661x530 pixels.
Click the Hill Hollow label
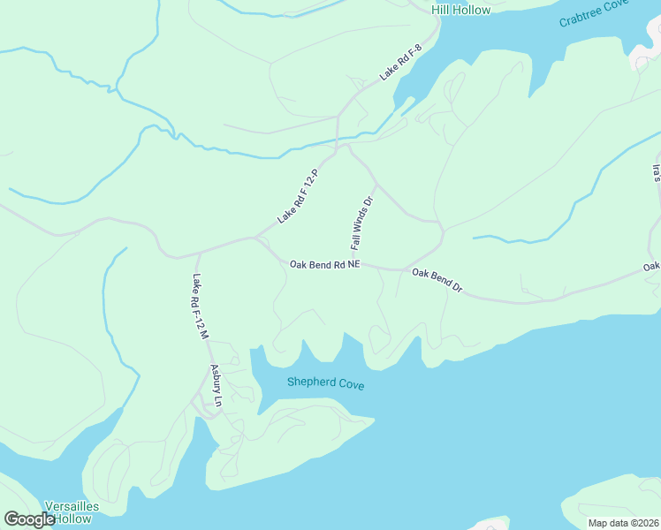click(x=460, y=10)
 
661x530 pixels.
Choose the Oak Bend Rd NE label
click(x=325, y=264)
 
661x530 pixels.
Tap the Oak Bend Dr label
click(x=437, y=282)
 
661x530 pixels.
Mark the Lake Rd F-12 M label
click(x=199, y=307)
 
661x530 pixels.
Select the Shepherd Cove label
click(x=325, y=384)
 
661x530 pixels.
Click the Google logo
click(x=29, y=519)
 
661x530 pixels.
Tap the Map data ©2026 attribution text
click(x=623, y=523)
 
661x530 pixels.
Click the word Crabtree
click(x=584, y=18)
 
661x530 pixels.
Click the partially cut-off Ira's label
click(x=656, y=172)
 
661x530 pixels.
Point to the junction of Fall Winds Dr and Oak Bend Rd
click(x=361, y=264)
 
